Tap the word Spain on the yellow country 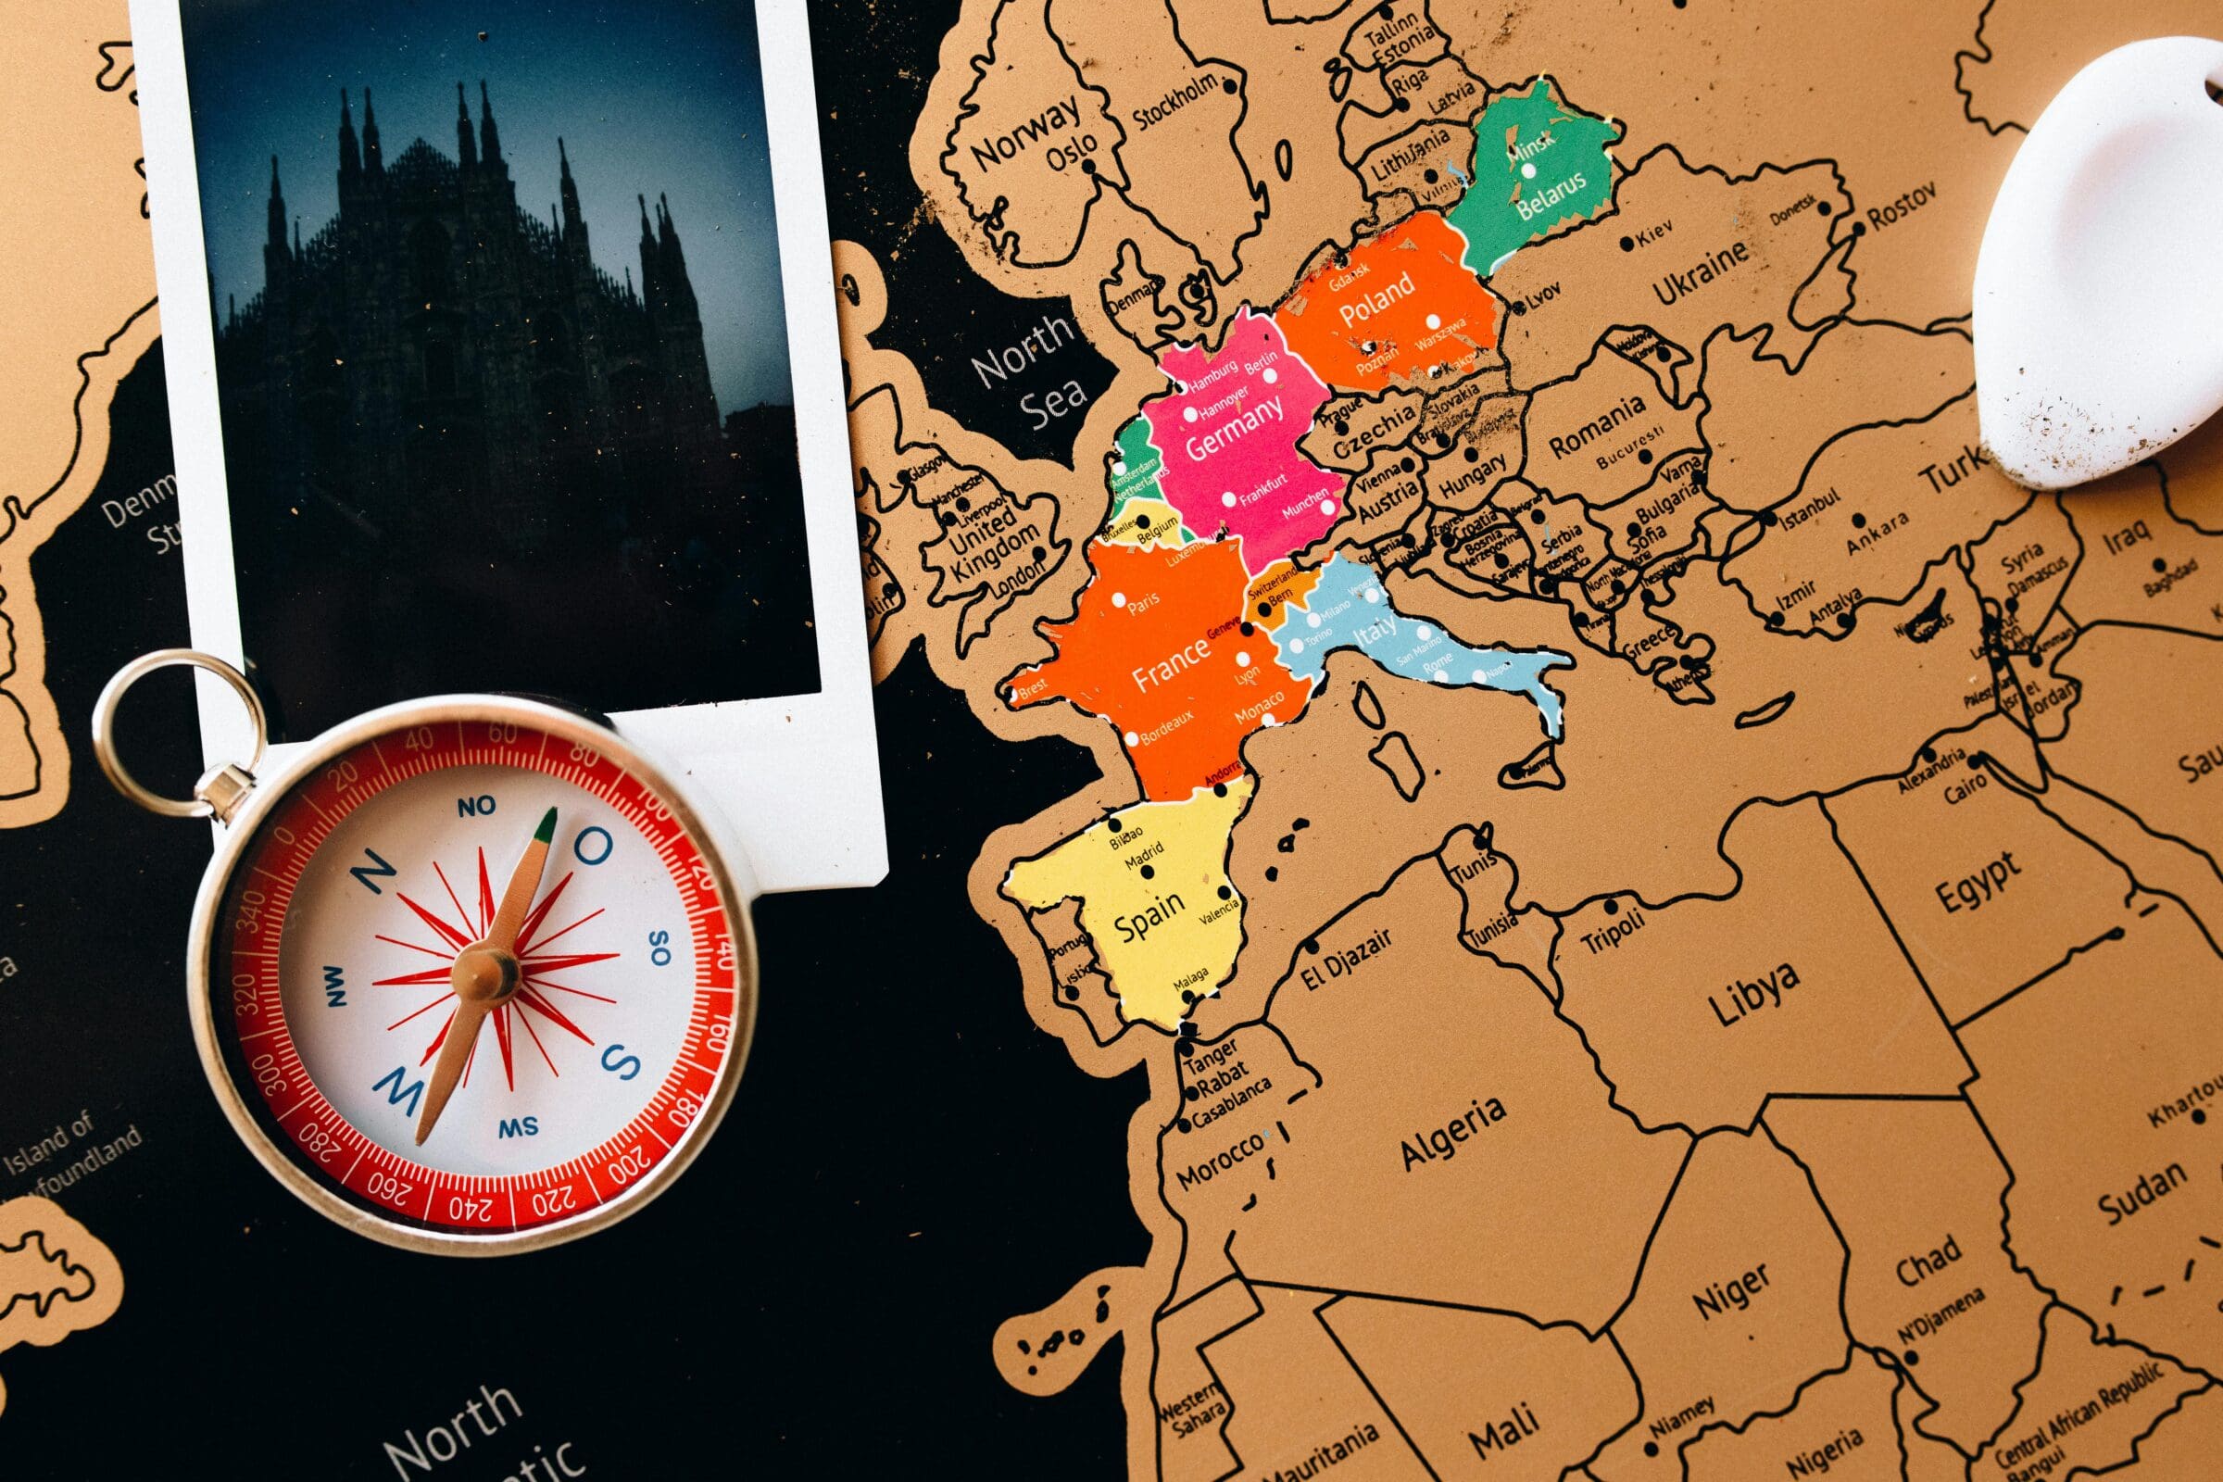pyautogui.click(x=1149, y=915)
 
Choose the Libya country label pyautogui.click(x=1754, y=993)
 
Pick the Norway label pyautogui.click(x=1025, y=133)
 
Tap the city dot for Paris pyautogui.click(x=1119, y=599)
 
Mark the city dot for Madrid pyautogui.click(x=1148, y=872)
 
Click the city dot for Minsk pyautogui.click(x=1528, y=171)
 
